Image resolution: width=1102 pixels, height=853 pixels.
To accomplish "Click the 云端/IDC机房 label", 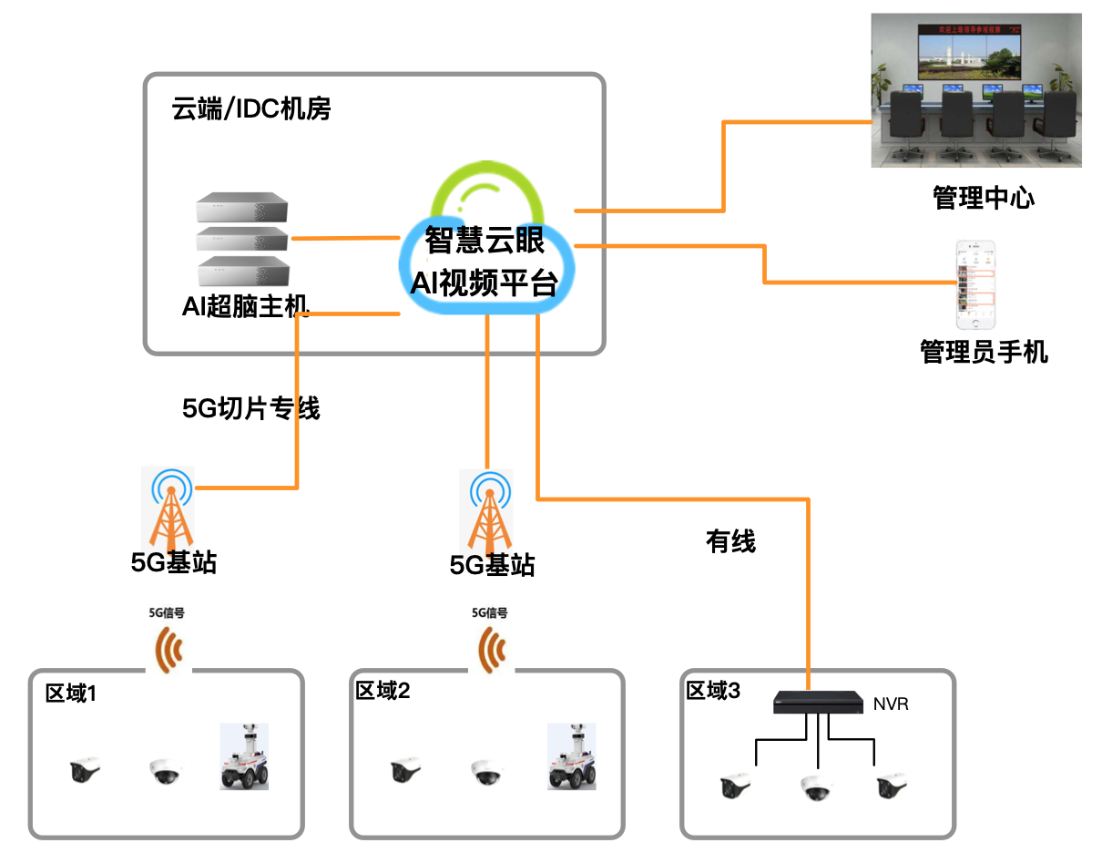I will (251, 109).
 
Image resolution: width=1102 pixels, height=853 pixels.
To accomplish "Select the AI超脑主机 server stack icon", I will (242, 238).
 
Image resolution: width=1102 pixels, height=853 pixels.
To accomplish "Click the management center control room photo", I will (977, 90).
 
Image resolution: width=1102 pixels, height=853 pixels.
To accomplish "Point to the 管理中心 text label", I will (983, 198).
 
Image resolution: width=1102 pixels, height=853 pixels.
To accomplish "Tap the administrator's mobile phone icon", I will (974, 285).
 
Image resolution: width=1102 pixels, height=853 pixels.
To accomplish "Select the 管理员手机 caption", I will (984, 352).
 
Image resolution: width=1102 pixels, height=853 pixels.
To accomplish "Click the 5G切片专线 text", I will (251, 408).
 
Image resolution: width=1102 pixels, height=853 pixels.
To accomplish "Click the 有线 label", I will (730, 542).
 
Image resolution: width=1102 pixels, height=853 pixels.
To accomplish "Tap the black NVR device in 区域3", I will (818, 703).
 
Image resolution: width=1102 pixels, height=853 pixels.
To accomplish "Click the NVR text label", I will (891, 704).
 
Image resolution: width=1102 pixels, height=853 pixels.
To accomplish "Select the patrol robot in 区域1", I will (245, 756).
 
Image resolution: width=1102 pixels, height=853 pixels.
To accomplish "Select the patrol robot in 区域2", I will (571, 756).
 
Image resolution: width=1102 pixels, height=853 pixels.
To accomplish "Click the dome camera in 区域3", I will (816, 787).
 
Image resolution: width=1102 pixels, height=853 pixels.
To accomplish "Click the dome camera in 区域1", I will (166, 772).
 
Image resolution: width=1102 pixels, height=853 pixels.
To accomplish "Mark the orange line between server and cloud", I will (345, 239).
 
